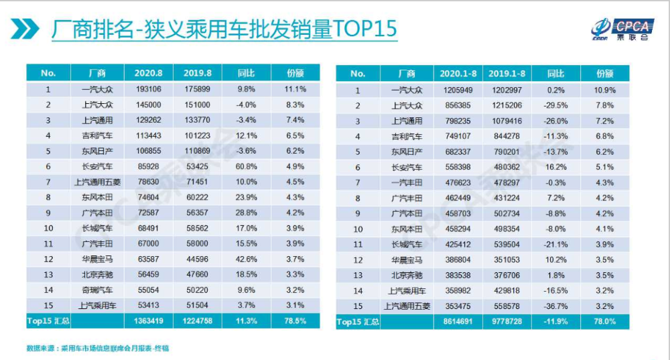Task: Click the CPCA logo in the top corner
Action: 622,29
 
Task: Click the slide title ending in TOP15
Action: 224,29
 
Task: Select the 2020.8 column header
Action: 149,73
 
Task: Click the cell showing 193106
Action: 149,89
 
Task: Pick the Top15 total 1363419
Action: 149,321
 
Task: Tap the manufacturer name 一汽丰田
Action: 407,183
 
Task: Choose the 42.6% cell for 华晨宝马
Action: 247,259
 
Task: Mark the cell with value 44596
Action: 198,259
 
